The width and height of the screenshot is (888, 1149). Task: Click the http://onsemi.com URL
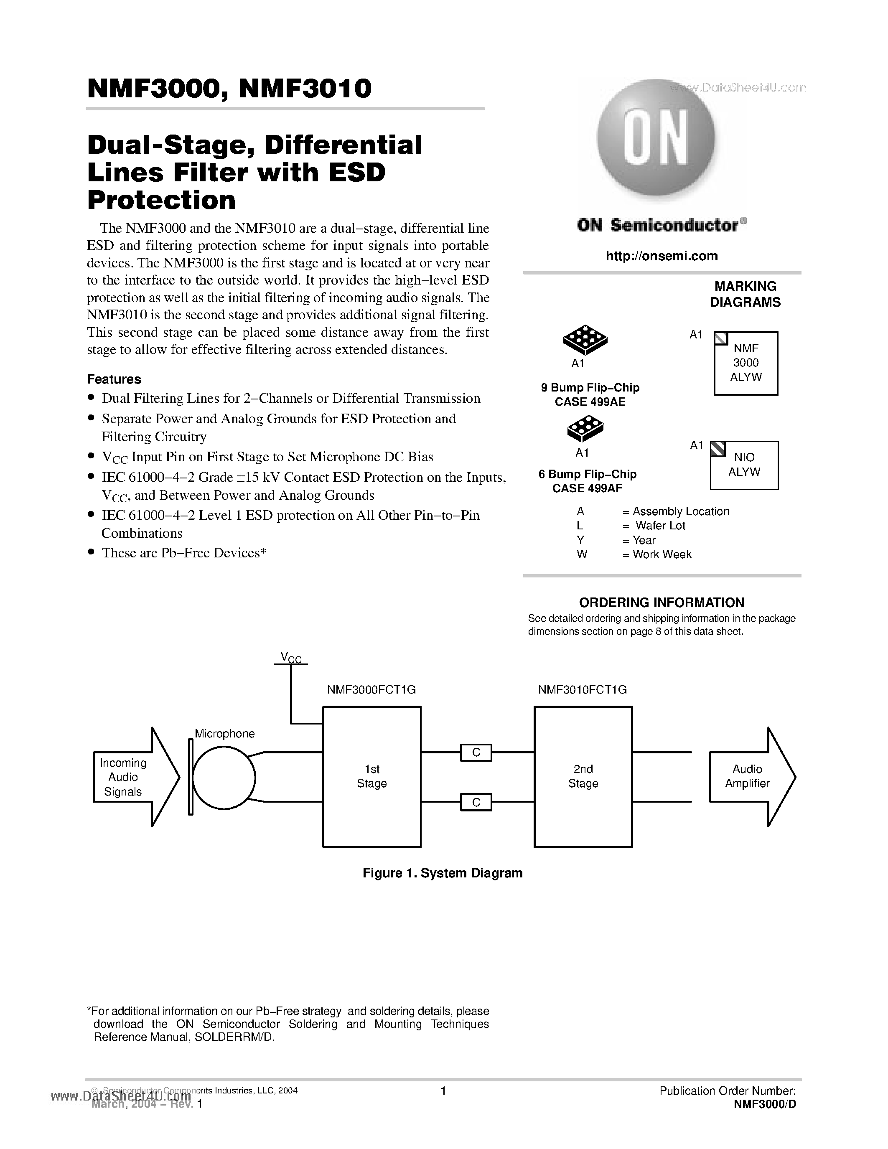coord(661,256)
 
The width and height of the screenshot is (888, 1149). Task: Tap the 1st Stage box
coord(371,777)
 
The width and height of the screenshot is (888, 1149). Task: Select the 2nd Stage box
coord(583,777)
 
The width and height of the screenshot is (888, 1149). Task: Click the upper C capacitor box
coord(476,752)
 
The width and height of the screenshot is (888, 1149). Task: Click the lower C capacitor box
coord(476,802)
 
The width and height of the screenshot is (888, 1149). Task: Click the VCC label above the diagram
coord(291,657)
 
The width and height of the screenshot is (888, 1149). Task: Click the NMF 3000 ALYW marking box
coord(746,363)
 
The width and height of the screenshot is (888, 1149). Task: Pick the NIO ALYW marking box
coord(744,465)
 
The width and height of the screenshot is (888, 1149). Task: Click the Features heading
coord(114,379)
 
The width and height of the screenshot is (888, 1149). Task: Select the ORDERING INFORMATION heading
coord(661,602)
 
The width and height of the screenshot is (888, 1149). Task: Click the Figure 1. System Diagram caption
coord(443,873)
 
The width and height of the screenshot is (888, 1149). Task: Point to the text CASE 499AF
coord(587,488)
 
